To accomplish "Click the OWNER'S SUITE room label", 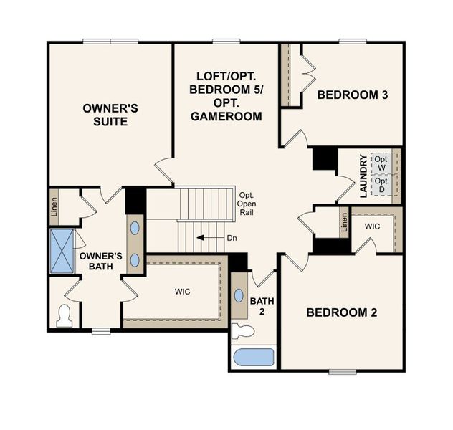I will pyautogui.click(x=110, y=115).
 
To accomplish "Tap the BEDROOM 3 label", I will pyautogui.click(x=353, y=95).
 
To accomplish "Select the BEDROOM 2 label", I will pyautogui.click(x=341, y=312).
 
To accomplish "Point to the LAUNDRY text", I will pyautogui.click(x=364, y=176).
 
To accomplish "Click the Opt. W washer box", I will pyautogui.click(x=381, y=163).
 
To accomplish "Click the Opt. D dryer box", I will pyautogui.click(x=381, y=185).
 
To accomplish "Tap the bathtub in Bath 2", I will pyautogui.click(x=253, y=357).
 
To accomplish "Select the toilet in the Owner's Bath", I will pyautogui.click(x=65, y=315).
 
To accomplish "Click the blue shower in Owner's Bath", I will pyautogui.click(x=62, y=251).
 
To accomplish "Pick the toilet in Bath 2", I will pyautogui.click(x=244, y=331).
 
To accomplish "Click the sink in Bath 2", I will pyautogui.click(x=239, y=297).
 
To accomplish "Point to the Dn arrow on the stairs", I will pyautogui.click(x=211, y=238).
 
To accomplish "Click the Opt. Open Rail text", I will pyautogui.click(x=247, y=204).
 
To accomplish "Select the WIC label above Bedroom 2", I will pyautogui.click(x=371, y=226).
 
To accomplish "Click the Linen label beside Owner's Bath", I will pyautogui.click(x=54, y=205).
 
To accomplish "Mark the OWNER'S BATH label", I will pyautogui.click(x=100, y=261).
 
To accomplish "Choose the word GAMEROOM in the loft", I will pyautogui.click(x=226, y=115).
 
